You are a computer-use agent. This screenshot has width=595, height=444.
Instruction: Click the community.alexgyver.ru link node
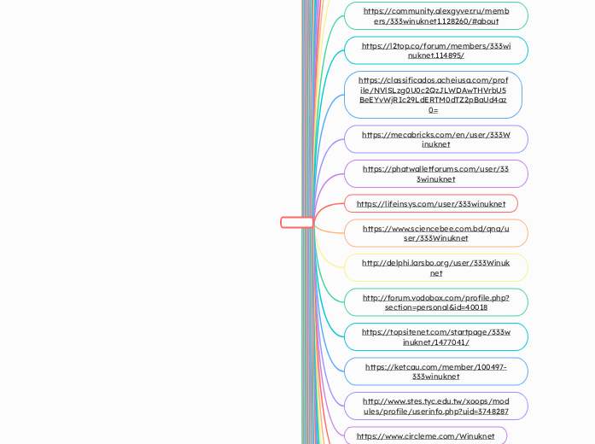coord(435,16)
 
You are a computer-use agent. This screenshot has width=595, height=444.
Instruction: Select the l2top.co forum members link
coord(435,50)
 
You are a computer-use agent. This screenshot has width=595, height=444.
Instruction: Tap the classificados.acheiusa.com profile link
coord(433,95)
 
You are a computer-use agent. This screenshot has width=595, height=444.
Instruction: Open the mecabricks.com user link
coord(435,139)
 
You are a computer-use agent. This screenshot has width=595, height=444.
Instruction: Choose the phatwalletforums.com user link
coord(435,173)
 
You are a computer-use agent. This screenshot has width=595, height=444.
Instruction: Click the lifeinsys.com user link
coord(430,204)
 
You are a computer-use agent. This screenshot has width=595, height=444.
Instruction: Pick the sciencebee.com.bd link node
coord(435,233)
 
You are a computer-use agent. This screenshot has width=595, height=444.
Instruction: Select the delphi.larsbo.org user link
coord(435,267)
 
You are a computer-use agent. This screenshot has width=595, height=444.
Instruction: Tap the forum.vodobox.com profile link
coord(435,302)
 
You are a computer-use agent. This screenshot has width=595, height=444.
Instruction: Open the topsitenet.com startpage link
coord(435,336)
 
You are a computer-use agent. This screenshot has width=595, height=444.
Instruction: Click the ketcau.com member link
coord(435,371)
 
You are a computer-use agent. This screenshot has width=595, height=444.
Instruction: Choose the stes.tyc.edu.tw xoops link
coord(435,406)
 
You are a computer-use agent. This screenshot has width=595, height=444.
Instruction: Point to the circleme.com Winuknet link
coord(425,435)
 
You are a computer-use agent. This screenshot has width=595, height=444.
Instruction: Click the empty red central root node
coord(297,222)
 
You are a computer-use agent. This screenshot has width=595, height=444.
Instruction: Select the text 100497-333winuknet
coord(435,377)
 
